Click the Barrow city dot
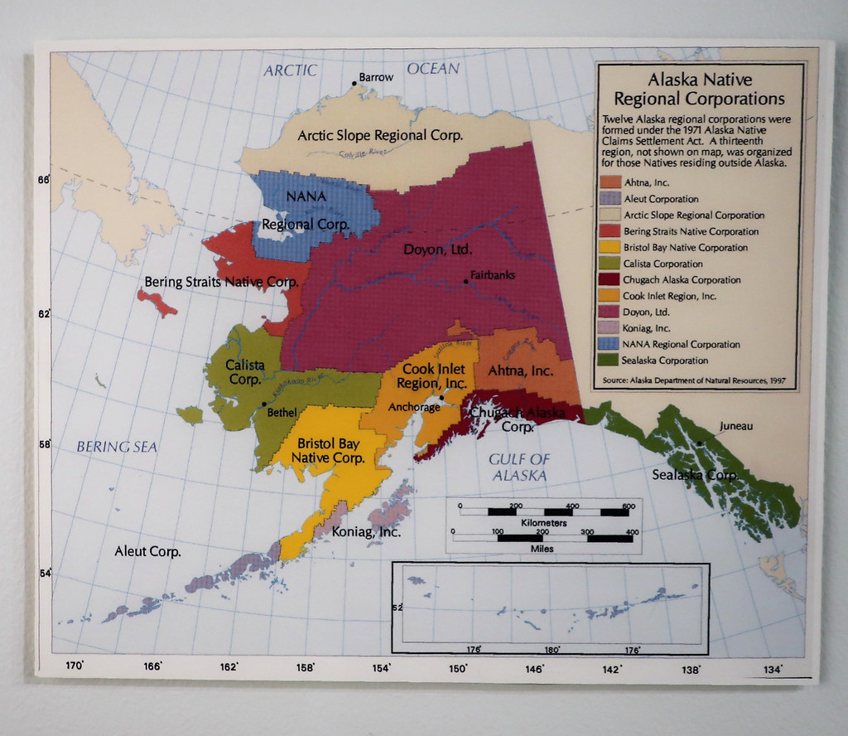click(354, 82)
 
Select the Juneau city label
click(736, 426)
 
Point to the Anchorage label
click(413, 407)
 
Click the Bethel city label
click(281, 411)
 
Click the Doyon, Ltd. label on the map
click(437, 249)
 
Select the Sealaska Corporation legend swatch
click(609, 361)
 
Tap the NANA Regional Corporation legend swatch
click(609, 344)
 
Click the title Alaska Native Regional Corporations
click(701, 90)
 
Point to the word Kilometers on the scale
click(543, 524)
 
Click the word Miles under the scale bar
click(543, 549)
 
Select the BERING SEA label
click(117, 447)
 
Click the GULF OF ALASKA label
click(519, 467)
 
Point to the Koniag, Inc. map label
click(367, 533)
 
